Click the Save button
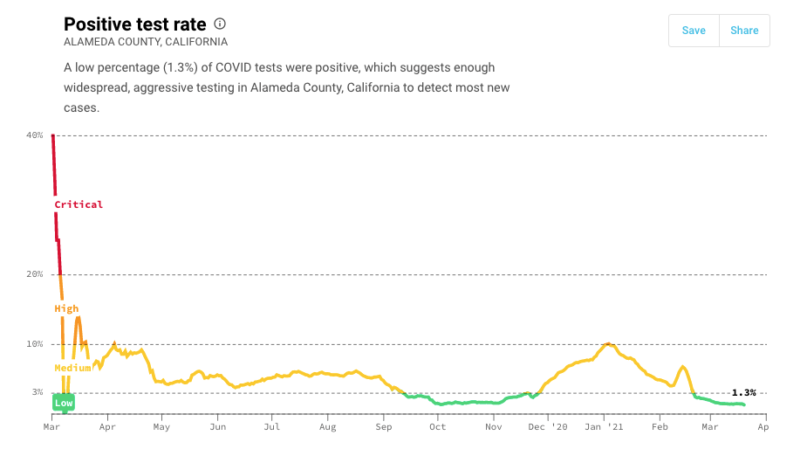click(694, 31)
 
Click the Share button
click(744, 31)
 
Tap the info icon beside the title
click(220, 24)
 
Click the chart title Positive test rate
click(135, 24)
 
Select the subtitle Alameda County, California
click(146, 42)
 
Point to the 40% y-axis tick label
click(35, 135)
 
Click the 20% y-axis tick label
click(35, 274)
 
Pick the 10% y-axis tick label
click(35, 344)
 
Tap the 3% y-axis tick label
click(38, 392)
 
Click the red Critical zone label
click(79, 204)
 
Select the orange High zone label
click(66, 308)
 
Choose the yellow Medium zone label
click(72, 368)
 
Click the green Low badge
click(64, 403)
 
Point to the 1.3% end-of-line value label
click(743, 393)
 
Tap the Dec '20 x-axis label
click(549, 427)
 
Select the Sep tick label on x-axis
click(384, 427)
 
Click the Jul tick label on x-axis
click(272, 427)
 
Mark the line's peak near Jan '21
click(607, 343)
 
